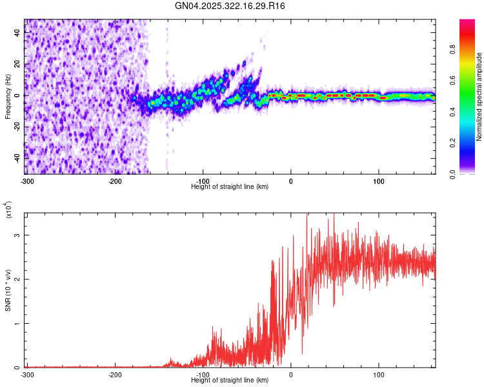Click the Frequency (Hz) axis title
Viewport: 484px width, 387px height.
[x=7, y=96]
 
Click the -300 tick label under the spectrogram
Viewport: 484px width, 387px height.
[x=27, y=181]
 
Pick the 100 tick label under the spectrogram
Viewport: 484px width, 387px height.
[x=379, y=181]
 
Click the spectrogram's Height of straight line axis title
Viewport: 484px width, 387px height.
[x=230, y=186]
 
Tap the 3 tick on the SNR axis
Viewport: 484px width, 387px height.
[x=17, y=235]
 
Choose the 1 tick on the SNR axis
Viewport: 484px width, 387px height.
[x=17, y=324]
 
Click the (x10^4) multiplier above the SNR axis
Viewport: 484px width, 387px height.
[x=8, y=210]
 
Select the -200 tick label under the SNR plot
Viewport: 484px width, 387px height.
[x=115, y=374]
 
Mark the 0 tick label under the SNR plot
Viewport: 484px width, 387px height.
[x=291, y=374]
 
